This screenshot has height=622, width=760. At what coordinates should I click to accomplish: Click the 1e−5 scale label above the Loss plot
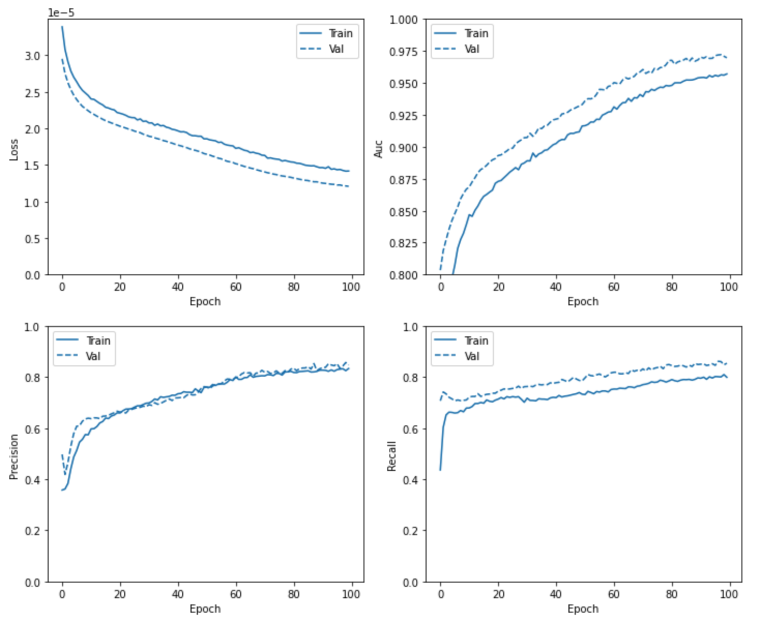pyautogui.click(x=61, y=12)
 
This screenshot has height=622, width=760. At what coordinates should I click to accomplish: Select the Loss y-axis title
pyautogui.click(x=14, y=150)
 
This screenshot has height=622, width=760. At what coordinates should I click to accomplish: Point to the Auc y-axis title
pyautogui.click(x=378, y=149)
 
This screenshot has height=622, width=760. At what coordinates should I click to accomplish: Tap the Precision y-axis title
pyautogui.click(x=14, y=456)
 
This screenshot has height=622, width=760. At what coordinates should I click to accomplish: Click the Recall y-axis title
pyautogui.click(x=392, y=456)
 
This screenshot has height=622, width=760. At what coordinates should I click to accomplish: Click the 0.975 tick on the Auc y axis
pyautogui.click(x=403, y=52)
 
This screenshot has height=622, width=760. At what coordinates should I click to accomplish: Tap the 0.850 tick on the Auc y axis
pyautogui.click(x=403, y=212)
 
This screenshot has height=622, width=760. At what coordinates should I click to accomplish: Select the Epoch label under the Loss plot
pyautogui.click(x=205, y=302)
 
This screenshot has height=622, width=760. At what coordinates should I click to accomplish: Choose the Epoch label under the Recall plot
pyautogui.click(x=583, y=609)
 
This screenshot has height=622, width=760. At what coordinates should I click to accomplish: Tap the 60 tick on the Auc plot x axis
pyautogui.click(x=613, y=287)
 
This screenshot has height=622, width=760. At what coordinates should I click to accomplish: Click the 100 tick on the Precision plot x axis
pyautogui.click(x=351, y=594)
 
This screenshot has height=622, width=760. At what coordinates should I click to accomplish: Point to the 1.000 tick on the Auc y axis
pyautogui.click(x=403, y=20)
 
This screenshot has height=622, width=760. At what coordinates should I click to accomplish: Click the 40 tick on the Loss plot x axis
pyautogui.click(x=178, y=287)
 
